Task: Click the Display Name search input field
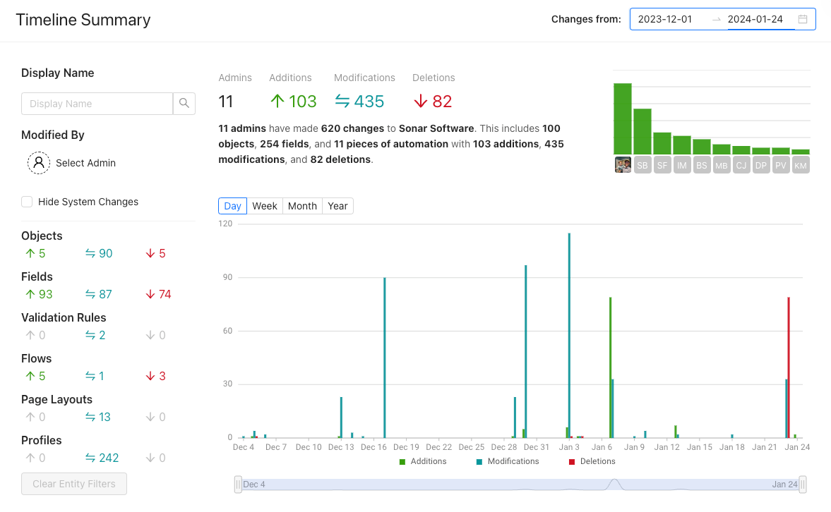(97, 104)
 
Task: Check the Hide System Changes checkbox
(27, 202)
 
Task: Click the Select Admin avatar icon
(39, 163)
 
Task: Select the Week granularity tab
(265, 206)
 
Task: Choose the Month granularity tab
(302, 206)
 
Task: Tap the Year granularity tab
(337, 206)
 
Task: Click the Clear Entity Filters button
(74, 484)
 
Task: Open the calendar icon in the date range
(803, 19)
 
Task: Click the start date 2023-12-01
(665, 19)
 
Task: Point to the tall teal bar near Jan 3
(569, 336)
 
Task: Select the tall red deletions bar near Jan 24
(789, 367)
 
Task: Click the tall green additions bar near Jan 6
(611, 367)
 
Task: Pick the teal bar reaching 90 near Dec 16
(385, 358)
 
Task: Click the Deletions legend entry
(592, 461)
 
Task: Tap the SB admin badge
(642, 165)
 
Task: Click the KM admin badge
(801, 165)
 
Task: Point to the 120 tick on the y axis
(225, 224)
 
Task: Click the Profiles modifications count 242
(102, 458)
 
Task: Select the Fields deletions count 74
(158, 294)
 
